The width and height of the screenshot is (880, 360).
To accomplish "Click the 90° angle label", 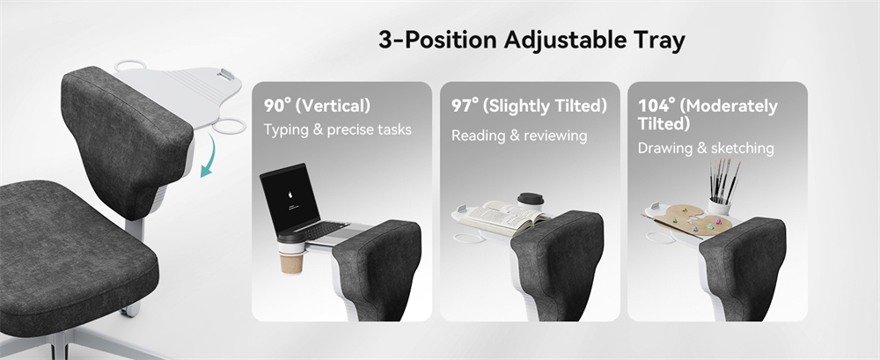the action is [278, 105].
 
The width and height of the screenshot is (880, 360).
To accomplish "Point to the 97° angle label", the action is [466, 105].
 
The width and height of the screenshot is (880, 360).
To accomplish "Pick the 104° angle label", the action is [656, 105].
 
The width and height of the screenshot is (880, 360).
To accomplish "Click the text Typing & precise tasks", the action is [338, 129].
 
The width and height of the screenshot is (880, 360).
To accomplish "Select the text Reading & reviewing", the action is [519, 136].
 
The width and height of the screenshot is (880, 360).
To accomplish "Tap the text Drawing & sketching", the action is [706, 148].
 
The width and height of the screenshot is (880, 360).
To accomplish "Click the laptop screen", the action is [290, 199].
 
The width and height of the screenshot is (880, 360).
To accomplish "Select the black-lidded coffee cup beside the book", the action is [530, 202].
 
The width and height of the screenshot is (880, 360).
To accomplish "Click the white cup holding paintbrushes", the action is [718, 206].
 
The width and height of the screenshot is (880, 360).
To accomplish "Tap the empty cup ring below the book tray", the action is [470, 239].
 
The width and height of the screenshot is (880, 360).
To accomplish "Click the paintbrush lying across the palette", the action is [671, 226].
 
